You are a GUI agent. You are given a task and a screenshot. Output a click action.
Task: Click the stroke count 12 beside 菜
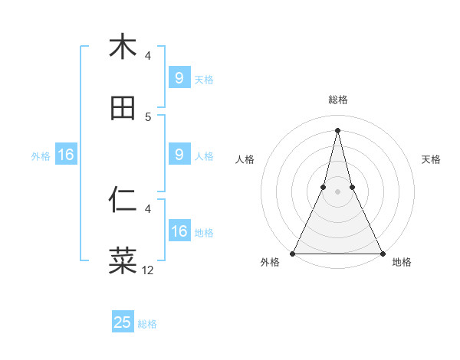[148, 270]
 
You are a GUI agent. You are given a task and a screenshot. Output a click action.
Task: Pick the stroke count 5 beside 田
[148, 116]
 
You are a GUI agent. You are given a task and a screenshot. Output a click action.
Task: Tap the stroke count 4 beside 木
[148, 55]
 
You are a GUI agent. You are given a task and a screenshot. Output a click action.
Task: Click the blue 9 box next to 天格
[179, 78]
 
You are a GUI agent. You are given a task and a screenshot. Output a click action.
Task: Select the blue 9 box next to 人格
[179, 155]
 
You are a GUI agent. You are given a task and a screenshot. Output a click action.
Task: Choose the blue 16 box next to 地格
[179, 231]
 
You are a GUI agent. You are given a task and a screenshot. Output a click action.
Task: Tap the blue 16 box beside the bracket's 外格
[66, 155]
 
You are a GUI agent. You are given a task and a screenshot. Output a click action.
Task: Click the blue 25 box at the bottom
[123, 322]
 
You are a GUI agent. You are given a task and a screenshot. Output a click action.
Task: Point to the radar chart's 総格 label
[338, 100]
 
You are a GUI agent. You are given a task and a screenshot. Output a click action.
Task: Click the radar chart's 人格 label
[245, 159]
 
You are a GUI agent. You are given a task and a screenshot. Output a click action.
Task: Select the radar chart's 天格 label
[431, 159]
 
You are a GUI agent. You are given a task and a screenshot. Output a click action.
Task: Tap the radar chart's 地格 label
[402, 262]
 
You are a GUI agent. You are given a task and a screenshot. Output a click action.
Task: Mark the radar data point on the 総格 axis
[338, 129]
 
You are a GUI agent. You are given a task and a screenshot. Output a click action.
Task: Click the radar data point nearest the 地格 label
[382, 253]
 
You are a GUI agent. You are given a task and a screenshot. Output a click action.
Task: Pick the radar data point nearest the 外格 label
[294, 253]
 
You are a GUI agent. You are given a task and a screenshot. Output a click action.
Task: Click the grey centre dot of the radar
[338, 191]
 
